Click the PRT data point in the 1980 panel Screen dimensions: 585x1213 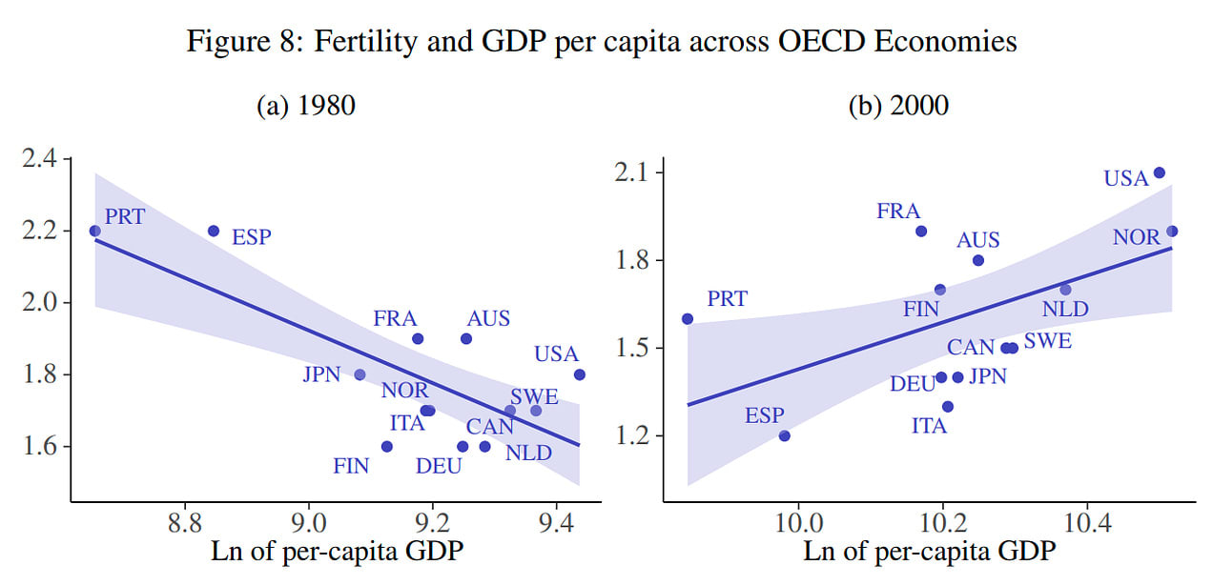tap(94, 231)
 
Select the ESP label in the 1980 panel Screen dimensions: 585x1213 tap(252, 236)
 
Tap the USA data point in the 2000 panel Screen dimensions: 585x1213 tap(1160, 172)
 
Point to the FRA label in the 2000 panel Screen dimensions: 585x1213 tap(898, 212)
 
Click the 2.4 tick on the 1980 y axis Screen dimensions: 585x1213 tap(39, 158)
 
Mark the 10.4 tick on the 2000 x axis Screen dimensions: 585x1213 tap(1088, 523)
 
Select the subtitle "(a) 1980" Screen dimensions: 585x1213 tap(306, 106)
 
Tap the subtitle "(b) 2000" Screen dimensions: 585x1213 tap(898, 106)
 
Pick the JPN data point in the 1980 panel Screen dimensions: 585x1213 tap(360, 374)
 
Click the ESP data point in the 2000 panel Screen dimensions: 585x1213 tap(785, 435)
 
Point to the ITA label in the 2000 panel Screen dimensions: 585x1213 tap(929, 426)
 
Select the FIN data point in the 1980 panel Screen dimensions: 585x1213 tap(387, 446)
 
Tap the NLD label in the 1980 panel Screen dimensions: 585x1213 tap(528, 453)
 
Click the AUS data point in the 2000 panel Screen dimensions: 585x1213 tap(978, 260)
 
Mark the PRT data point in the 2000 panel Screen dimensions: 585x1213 tap(688, 318)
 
